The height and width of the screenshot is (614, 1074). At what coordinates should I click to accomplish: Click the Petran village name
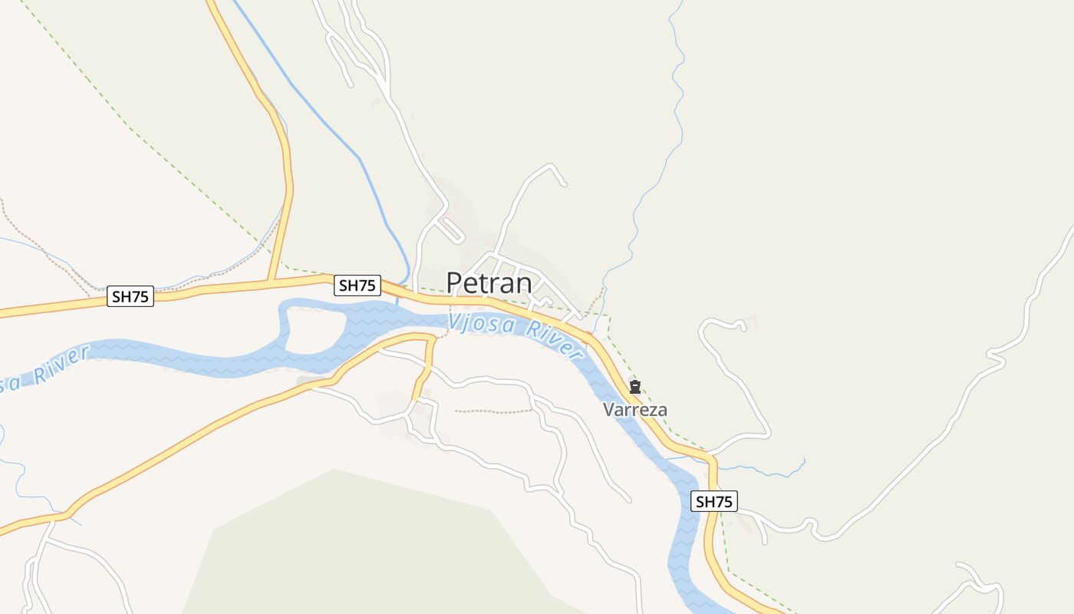489,283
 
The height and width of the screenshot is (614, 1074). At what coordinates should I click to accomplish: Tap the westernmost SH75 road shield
130,297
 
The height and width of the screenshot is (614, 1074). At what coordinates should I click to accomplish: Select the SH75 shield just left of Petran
357,286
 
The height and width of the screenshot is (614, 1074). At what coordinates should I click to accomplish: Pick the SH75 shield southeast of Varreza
714,502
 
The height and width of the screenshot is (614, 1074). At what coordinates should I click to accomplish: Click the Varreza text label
635,410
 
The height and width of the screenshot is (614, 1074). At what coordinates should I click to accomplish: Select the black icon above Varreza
635,387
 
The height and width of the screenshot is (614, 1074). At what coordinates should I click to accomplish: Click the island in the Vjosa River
315,332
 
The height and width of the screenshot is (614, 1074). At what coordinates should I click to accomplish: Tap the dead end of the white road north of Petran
564,183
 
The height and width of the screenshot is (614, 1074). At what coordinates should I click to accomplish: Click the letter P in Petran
455,283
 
